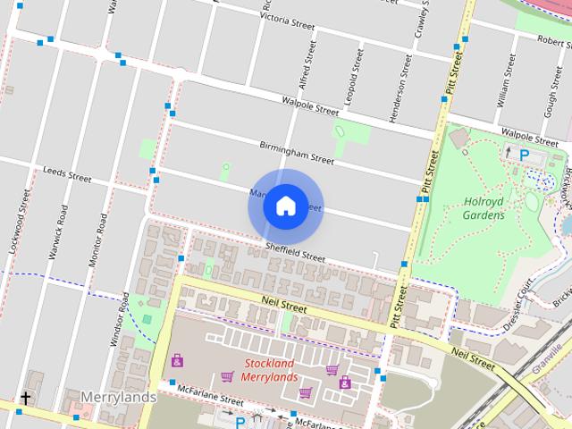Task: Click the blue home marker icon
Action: (284, 206)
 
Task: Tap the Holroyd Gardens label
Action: (484, 207)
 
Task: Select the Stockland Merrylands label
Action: (270, 370)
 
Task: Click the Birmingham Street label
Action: (296, 152)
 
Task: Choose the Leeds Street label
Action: (67, 172)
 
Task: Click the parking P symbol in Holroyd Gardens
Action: (525, 155)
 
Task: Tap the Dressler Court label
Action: (517, 305)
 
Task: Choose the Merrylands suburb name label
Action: (118, 396)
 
